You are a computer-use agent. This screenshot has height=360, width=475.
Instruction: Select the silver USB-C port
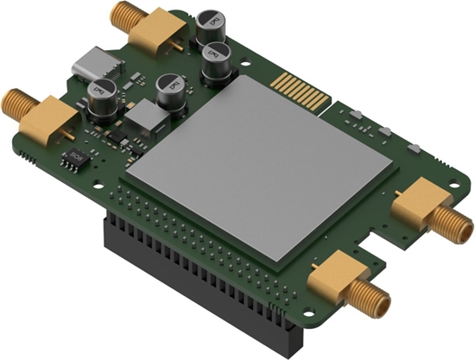click(94, 64)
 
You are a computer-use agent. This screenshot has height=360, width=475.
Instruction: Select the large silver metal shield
click(259, 164)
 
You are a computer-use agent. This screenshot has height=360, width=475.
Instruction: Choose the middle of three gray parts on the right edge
click(386, 130)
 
